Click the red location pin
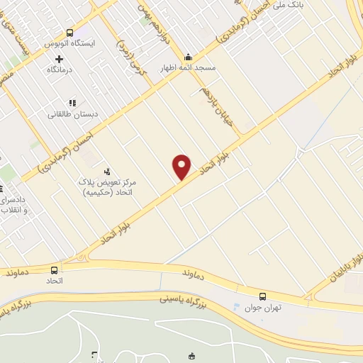point(182,166)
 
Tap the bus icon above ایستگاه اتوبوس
point(69,33)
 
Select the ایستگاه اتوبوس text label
point(69,43)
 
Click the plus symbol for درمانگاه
point(59,59)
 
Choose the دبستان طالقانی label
point(72,113)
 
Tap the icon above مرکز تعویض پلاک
point(107,171)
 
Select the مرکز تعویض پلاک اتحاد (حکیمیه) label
point(107,187)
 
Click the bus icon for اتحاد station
point(55,270)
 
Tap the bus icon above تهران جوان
point(262,296)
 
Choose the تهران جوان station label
point(257,307)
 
